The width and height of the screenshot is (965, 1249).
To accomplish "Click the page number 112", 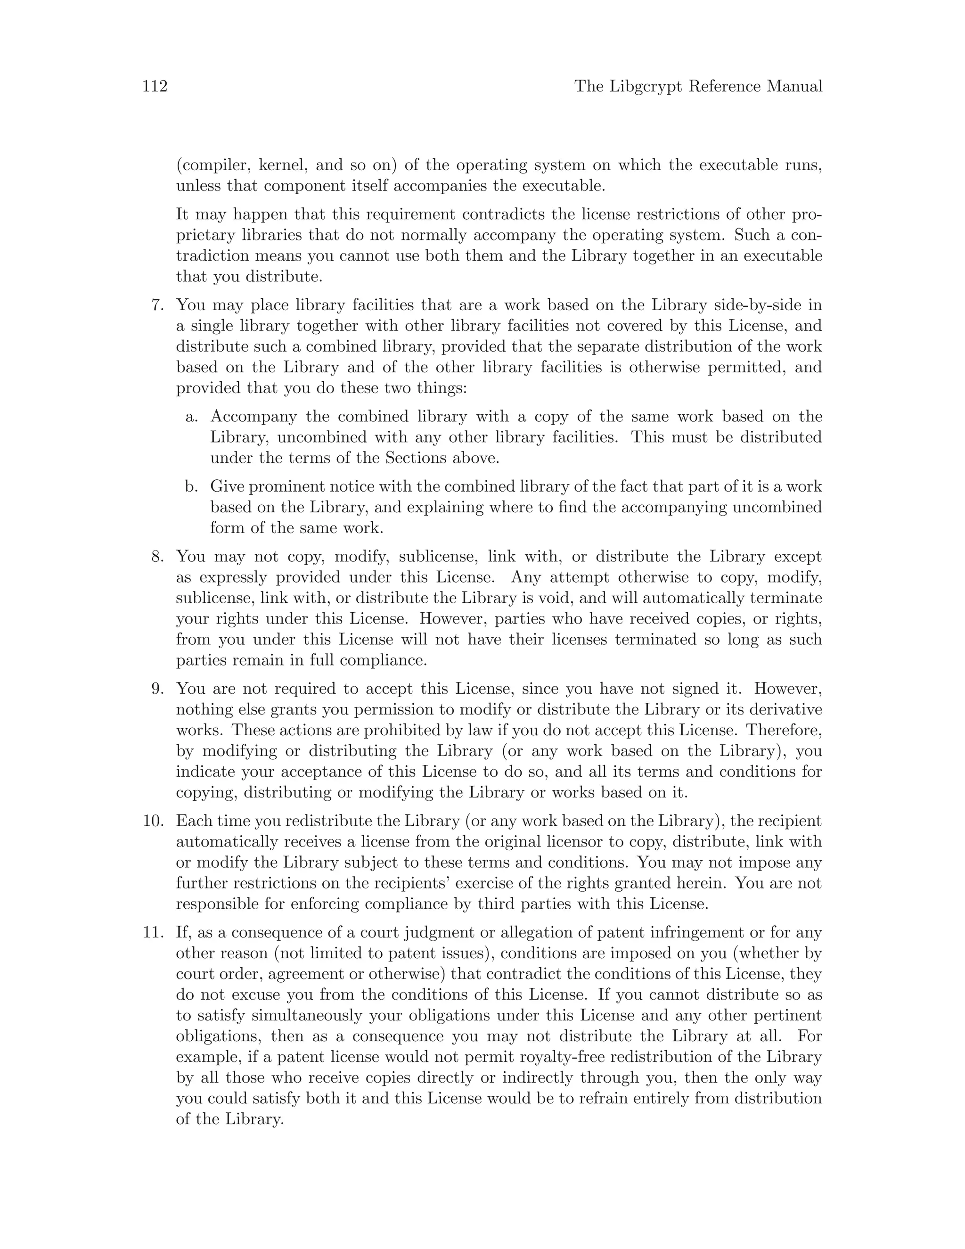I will tap(155, 86).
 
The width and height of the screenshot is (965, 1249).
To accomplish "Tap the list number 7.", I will tap(157, 305).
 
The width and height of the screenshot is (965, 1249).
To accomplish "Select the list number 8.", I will tap(157, 557).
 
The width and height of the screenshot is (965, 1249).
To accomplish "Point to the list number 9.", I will tap(157, 689).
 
